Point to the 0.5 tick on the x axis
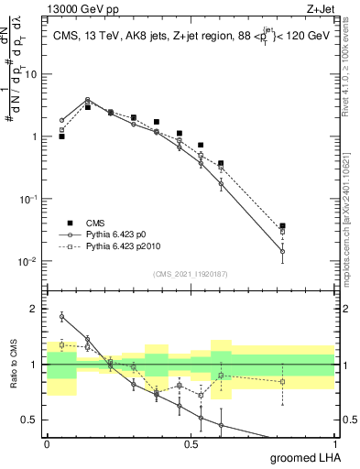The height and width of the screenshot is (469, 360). coord(191,443)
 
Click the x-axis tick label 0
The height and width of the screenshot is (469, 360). coord(48,443)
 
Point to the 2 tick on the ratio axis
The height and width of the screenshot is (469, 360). coord(34,309)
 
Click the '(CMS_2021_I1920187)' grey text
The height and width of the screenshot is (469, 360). coord(190,274)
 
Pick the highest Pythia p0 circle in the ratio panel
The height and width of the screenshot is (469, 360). coord(61,316)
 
